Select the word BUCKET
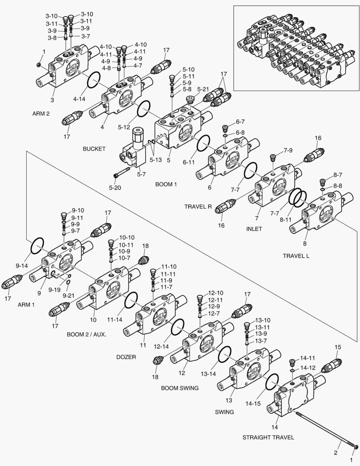tap(94, 149)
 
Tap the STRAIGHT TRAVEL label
tap(268, 437)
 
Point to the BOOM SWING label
tap(180, 388)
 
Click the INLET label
tap(254, 229)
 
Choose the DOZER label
tap(126, 357)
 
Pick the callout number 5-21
tap(203, 89)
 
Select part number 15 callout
tap(338, 347)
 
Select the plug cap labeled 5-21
tap(190, 100)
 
